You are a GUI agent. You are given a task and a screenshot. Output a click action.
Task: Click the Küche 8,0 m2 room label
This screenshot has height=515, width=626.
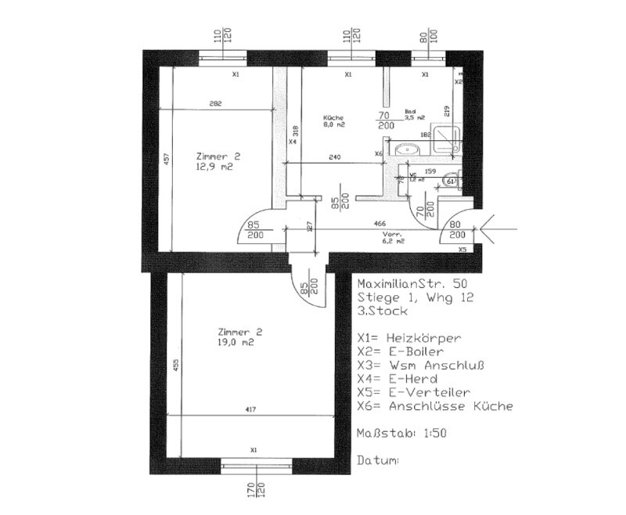[335, 121]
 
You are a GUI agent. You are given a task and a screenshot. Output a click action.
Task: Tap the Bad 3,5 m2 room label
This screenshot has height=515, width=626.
[414, 114]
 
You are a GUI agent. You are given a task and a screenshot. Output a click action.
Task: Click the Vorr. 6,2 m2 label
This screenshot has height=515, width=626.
[393, 238]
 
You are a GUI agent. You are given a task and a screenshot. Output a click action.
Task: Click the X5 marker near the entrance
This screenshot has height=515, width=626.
[462, 249]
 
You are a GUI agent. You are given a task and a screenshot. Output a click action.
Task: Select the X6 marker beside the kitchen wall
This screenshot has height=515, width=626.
[379, 153]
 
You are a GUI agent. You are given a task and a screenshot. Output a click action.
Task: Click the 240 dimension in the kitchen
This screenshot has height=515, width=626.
[335, 158]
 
